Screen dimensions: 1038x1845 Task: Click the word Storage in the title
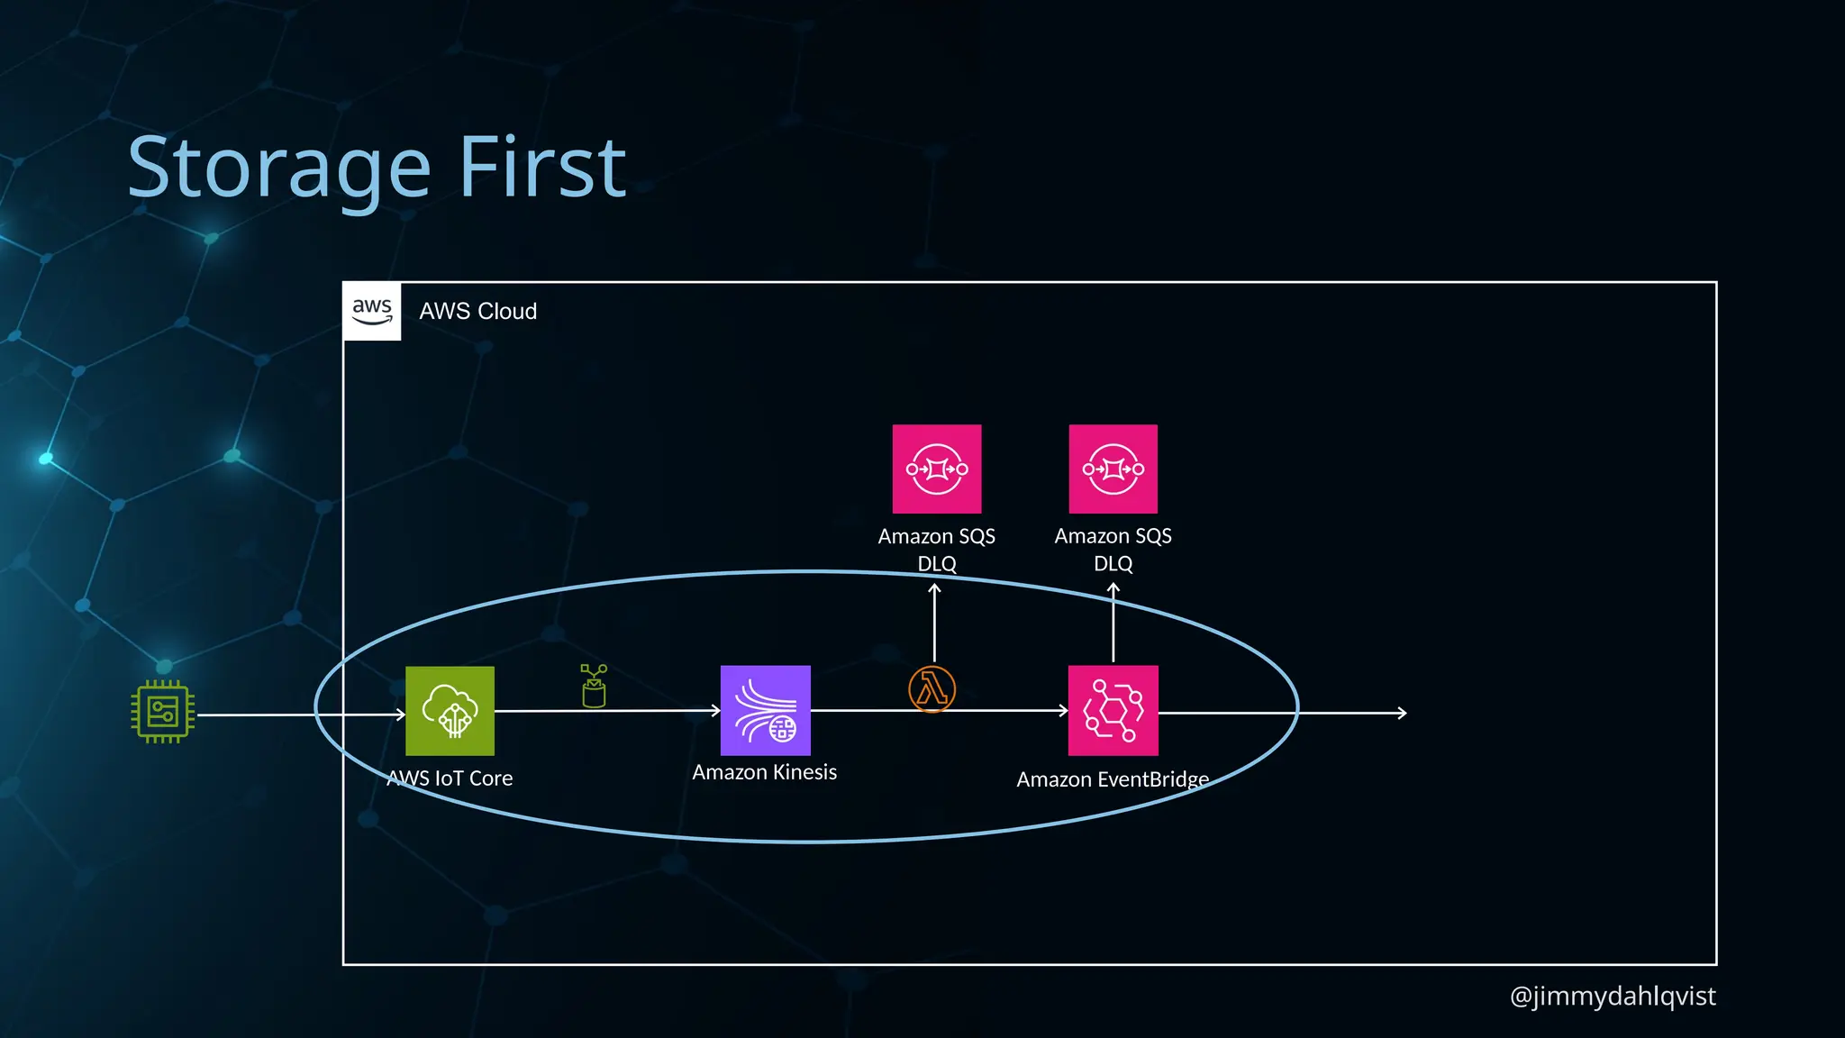point(279,168)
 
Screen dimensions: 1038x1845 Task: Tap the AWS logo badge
point(372,311)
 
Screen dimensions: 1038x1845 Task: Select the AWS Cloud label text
point(477,312)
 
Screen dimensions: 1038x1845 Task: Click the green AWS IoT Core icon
point(450,711)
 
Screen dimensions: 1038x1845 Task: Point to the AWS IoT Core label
point(450,778)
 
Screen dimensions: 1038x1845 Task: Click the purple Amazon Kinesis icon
point(765,710)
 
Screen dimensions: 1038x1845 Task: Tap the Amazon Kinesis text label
point(764,772)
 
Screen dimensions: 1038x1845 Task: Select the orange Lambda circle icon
point(932,689)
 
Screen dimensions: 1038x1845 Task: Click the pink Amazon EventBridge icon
point(1113,710)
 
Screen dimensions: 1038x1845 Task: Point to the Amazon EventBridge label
point(1113,779)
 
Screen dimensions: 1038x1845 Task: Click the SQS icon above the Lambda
point(936,469)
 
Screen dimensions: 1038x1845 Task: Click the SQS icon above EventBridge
point(1113,469)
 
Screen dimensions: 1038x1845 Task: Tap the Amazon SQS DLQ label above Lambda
point(936,550)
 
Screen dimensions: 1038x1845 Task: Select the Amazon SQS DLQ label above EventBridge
point(1113,550)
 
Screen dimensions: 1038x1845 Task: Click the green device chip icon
point(163,712)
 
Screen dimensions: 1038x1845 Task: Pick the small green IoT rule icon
point(594,687)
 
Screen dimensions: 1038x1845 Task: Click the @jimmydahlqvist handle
point(1612,996)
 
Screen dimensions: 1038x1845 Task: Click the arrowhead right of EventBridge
point(1402,713)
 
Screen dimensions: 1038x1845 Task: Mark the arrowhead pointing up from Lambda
point(934,588)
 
